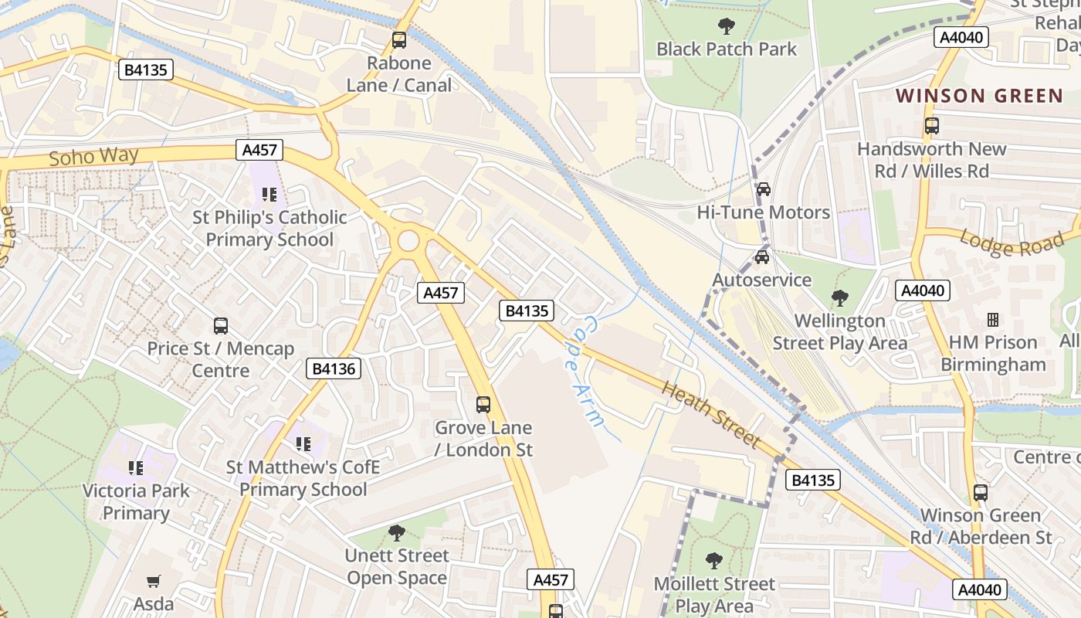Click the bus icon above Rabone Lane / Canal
[x=399, y=40]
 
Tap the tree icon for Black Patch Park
[x=726, y=26]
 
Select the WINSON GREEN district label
[x=979, y=96]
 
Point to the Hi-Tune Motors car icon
[x=763, y=189]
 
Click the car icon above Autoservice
[x=761, y=257]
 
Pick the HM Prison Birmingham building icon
[x=993, y=320]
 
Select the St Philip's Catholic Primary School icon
[x=269, y=195]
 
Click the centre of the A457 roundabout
[x=408, y=242]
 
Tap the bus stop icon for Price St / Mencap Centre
[x=221, y=326]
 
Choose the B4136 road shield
[x=334, y=368]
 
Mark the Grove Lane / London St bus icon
[x=483, y=404]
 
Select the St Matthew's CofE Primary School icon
[x=303, y=444]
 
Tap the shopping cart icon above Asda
[x=154, y=581]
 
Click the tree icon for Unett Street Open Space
[x=396, y=533]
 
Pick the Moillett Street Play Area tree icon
[x=714, y=561]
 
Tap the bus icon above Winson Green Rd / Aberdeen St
[x=980, y=492]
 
